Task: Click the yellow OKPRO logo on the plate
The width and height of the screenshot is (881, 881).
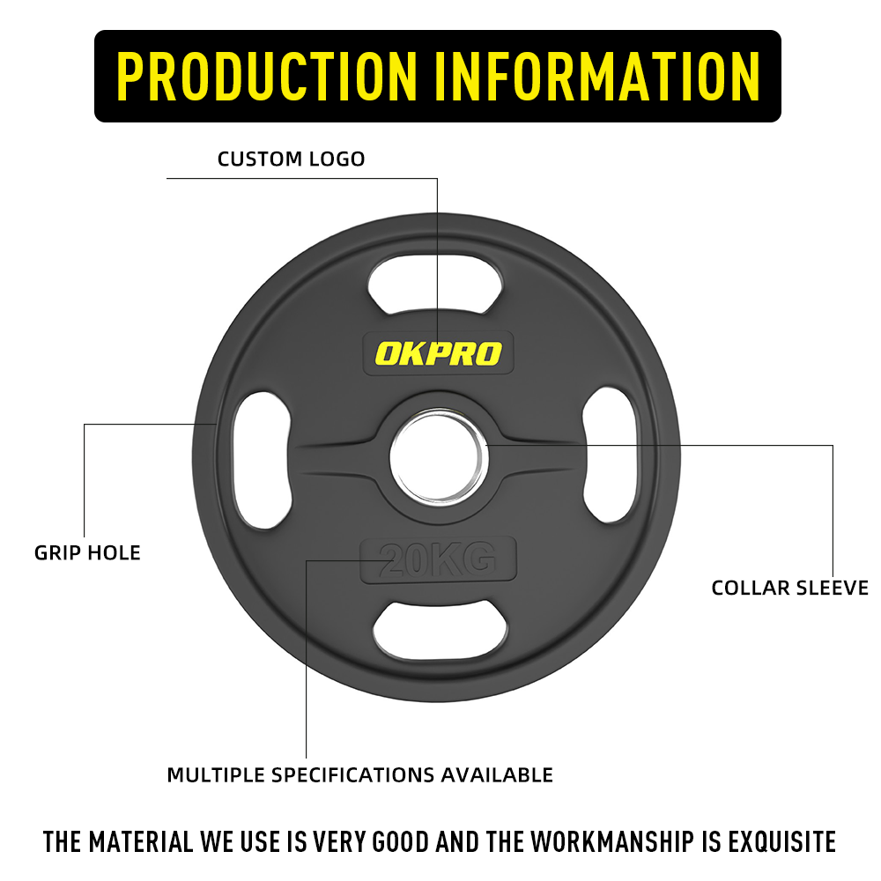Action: (438, 353)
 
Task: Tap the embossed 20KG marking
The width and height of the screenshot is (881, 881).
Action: (438, 559)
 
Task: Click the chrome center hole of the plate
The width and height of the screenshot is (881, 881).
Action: (439, 456)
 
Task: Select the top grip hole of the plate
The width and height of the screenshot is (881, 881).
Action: (435, 284)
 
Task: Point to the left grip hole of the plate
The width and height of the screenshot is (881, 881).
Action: (262, 460)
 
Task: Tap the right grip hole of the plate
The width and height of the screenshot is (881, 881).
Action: (611, 455)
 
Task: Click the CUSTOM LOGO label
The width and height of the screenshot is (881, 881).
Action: (291, 159)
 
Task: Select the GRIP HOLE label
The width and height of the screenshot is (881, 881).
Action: (87, 553)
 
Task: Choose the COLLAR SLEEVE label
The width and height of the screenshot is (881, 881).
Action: (790, 588)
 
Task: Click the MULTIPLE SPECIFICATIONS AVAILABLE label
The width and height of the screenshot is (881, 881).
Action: (359, 774)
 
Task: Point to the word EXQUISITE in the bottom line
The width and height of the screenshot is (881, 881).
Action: (782, 841)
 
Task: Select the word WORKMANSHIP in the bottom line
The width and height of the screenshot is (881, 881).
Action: (613, 841)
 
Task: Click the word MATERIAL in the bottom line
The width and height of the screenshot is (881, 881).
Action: (141, 841)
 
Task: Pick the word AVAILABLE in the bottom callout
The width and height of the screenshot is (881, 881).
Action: (497, 774)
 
